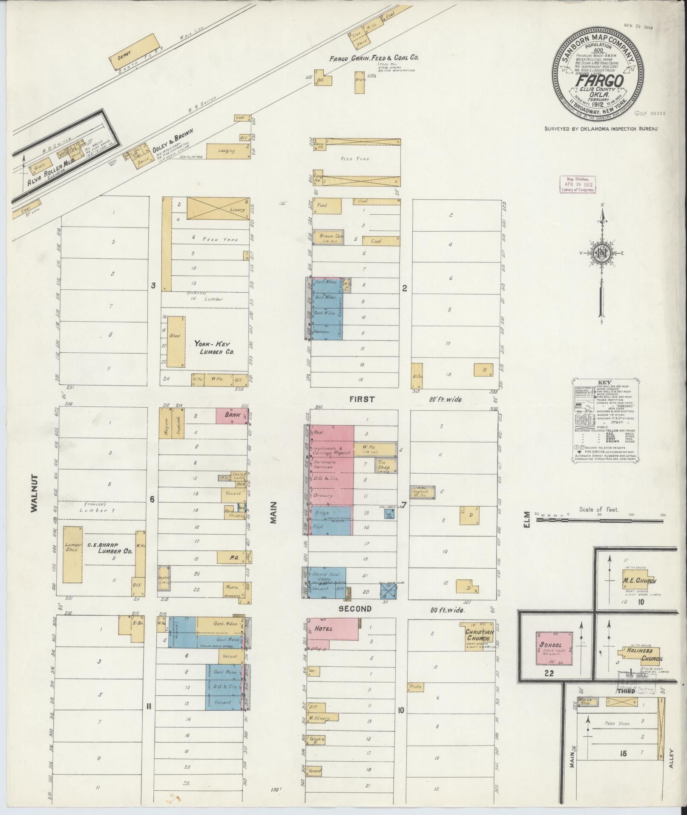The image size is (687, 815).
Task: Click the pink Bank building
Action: (232, 415)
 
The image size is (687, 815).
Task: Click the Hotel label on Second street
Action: (323, 628)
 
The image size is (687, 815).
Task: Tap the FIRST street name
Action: (362, 399)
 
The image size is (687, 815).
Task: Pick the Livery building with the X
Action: (218, 208)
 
